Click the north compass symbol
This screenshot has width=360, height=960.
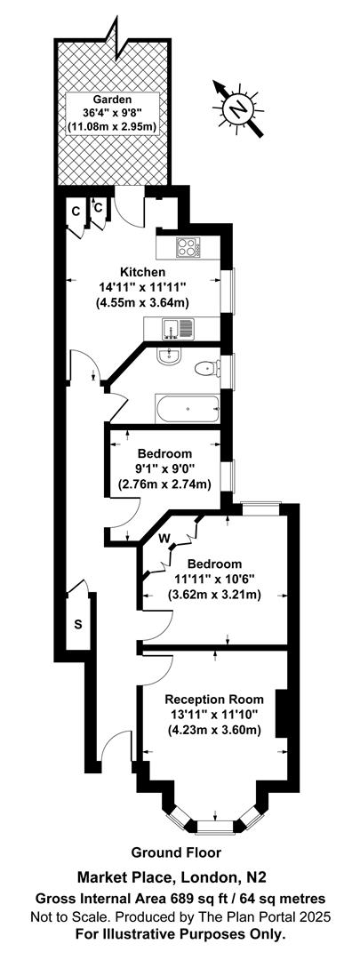(x=237, y=108)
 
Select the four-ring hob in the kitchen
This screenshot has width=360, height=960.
(x=188, y=248)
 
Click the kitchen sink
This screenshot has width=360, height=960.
(x=173, y=329)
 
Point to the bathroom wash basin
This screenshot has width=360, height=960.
(x=169, y=356)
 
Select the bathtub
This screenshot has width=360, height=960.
(x=187, y=409)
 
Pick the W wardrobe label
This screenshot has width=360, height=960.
(x=164, y=538)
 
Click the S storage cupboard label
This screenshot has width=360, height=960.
(x=77, y=624)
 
